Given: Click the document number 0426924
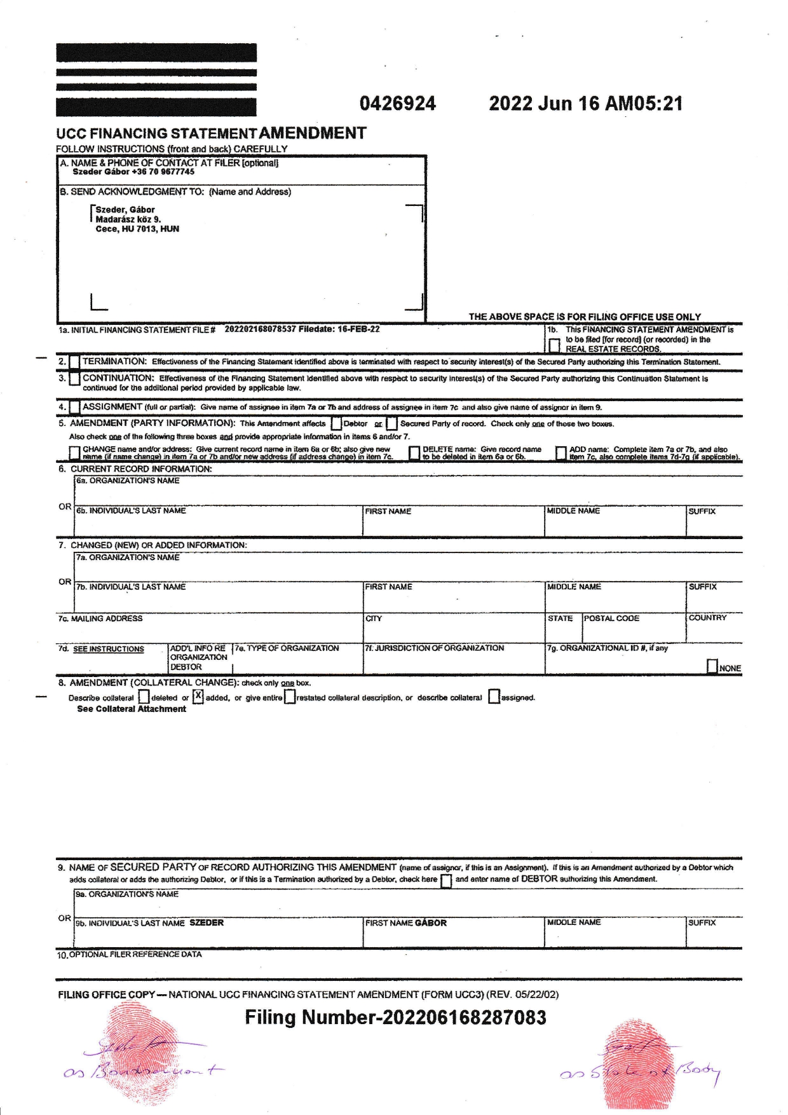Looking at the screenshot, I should click(398, 104).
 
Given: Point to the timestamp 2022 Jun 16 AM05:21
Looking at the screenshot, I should click(585, 104).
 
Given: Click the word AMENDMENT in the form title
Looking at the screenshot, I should click(313, 133).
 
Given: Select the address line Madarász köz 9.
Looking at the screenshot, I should click(128, 219).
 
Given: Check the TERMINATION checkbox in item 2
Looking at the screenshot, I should click(74, 362).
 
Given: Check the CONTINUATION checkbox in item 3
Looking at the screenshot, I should click(74, 379).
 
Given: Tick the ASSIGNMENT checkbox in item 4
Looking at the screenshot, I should click(74, 407).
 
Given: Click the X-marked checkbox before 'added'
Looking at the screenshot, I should click(198, 697).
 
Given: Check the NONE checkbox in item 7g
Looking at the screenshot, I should click(712, 666).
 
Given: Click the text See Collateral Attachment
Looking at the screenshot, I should click(132, 709).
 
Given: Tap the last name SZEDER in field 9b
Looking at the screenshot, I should click(207, 922).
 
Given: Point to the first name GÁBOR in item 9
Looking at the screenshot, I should click(431, 922).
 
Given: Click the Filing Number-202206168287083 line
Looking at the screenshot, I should click(395, 1018).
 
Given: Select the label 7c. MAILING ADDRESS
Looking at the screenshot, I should click(100, 619).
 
